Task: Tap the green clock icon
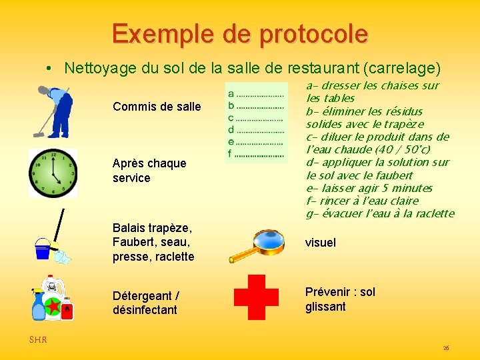pyautogui.click(x=53, y=173)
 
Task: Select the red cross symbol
pyautogui.click(x=256, y=297)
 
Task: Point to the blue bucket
pyautogui.click(x=43, y=249)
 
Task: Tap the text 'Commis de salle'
pyautogui.click(x=157, y=107)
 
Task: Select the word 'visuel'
pyautogui.click(x=321, y=243)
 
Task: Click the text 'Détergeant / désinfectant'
pyautogui.click(x=145, y=303)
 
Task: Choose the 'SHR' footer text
pyautogui.click(x=38, y=340)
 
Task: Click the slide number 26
pyautogui.click(x=446, y=348)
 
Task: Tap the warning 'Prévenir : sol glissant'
pyautogui.click(x=340, y=299)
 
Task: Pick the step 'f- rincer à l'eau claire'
pyautogui.click(x=362, y=201)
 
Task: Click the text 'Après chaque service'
pyautogui.click(x=149, y=171)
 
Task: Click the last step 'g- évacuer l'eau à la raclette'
pyautogui.click(x=379, y=213)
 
